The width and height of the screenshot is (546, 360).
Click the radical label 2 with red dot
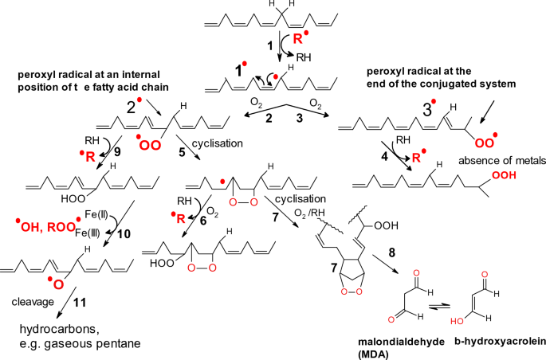pos(130,105)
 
